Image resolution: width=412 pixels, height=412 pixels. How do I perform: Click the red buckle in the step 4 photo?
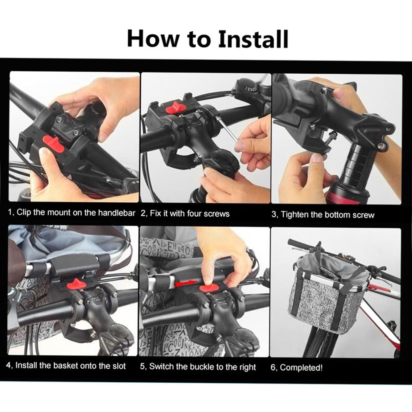point(76,284)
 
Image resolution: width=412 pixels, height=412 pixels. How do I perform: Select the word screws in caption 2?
point(217,213)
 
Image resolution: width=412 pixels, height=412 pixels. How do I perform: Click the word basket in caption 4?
point(66,365)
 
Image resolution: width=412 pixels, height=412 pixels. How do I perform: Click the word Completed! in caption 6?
point(301,368)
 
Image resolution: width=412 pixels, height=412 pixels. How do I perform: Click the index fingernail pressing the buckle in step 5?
point(208,280)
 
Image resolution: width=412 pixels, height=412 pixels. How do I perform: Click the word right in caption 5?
point(247,368)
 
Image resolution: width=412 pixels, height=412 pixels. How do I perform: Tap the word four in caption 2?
point(194,213)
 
